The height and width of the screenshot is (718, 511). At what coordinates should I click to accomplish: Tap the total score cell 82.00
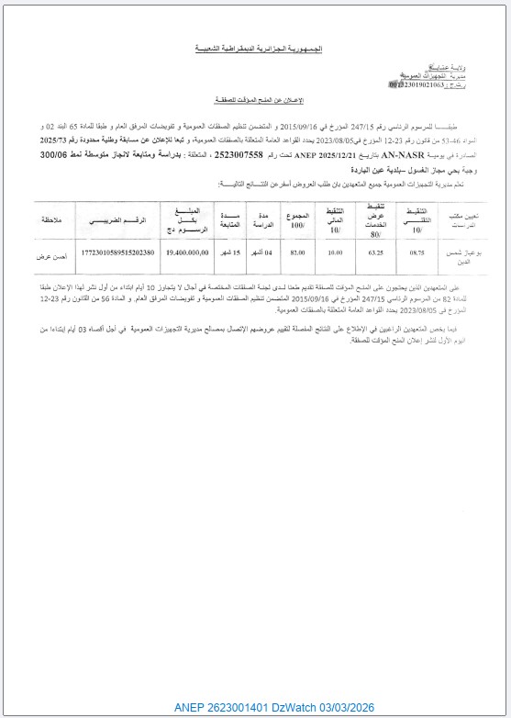[x=296, y=252]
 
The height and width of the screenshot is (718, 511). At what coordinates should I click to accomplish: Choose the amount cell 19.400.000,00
[x=189, y=252]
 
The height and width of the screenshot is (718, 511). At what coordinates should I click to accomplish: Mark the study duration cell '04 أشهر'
[x=261, y=252]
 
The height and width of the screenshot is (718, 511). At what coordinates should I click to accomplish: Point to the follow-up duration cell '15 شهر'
[x=229, y=252]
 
